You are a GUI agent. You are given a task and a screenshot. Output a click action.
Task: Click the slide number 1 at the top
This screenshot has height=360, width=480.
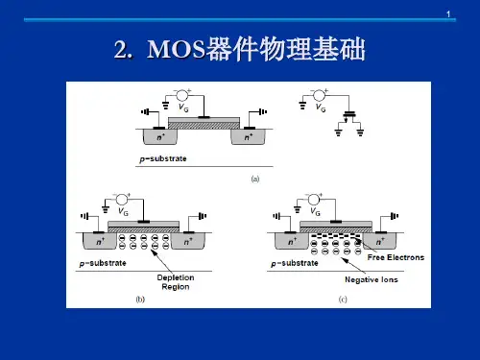click(x=448, y=14)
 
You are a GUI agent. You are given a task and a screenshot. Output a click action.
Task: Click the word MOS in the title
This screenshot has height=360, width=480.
click(x=176, y=49)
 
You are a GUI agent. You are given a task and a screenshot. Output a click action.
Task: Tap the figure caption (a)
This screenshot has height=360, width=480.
click(x=255, y=179)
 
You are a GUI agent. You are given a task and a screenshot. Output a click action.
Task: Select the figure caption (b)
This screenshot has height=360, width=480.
click(x=140, y=300)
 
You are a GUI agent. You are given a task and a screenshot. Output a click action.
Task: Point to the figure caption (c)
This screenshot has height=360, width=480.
click(x=343, y=300)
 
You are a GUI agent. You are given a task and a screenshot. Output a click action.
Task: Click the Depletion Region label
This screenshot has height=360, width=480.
click(x=176, y=282)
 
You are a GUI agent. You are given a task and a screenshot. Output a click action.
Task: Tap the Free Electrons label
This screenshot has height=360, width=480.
click(x=396, y=257)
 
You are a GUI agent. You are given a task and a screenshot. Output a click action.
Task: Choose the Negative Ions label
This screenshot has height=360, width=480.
click(x=372, y=279)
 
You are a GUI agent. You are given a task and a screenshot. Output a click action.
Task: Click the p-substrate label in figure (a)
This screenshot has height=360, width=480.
click(x=163, y=158)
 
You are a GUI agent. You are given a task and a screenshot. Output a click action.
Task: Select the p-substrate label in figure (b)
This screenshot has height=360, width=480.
click(x=103, y=263)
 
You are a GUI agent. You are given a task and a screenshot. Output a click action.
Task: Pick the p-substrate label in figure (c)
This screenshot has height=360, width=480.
click(x=295, y=263)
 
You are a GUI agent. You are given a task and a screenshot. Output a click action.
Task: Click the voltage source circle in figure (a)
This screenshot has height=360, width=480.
click(x=182, y=95)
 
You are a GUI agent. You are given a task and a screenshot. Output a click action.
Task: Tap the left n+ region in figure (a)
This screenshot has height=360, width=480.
click(x=160, y=136)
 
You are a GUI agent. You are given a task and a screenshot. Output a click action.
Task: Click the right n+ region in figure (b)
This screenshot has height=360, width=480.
click(x=188, y=241)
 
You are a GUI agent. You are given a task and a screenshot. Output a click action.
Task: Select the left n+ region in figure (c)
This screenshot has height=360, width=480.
click(x=292, y=241)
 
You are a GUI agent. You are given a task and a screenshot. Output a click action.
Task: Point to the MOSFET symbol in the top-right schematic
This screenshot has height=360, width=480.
click(x=349, y=117)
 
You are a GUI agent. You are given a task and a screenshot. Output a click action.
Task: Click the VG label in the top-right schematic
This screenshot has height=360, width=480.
click(x=321, y=108)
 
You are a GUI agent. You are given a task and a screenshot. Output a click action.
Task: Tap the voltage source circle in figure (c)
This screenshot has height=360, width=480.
click(x=314, y=200)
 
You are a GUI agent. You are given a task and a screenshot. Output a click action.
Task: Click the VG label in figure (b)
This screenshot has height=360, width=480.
click(x=123, y=211)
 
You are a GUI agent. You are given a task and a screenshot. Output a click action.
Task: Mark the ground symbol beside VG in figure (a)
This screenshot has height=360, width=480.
click(x=165, y=106)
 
